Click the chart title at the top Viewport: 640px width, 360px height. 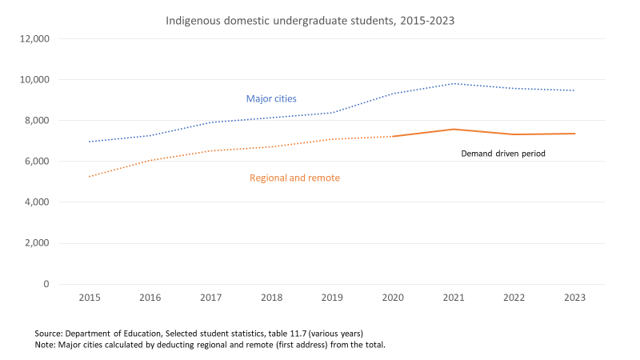(310, 20)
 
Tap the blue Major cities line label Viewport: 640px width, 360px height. (271, 99)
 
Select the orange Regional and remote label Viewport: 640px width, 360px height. (294, 178)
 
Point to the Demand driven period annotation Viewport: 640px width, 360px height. (502, 153)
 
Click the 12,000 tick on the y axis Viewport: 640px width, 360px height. (34, 38)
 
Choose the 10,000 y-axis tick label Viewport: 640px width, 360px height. (34, 80)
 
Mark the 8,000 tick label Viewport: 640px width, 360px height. (36, 121)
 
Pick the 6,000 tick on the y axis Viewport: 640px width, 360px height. (36, 162)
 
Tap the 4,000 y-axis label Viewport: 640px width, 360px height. (36, 202)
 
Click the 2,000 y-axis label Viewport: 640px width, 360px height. (36, 243)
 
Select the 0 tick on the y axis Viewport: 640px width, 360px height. (47, 284)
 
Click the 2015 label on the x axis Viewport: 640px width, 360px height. (89, 298)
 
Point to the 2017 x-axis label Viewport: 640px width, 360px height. (210, 298)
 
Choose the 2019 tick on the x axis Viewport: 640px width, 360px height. (331, 298)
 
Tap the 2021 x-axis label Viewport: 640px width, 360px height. (453, 298)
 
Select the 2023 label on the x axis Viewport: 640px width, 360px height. (574, 298)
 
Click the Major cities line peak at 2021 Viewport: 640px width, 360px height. (453, 83)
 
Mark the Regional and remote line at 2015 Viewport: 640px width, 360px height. (89, 177)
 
